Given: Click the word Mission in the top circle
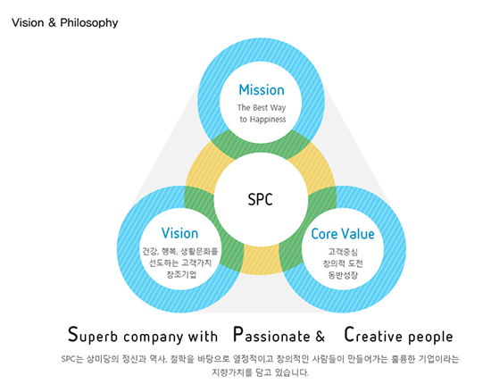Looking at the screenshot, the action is click(x=262, y=90).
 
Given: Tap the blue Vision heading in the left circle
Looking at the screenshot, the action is click(x=179, y=233).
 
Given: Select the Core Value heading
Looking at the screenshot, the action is click(x=343, y=234).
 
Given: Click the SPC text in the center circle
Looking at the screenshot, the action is click(x=260, y=199).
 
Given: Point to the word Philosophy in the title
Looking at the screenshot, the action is click(x=89, y=23).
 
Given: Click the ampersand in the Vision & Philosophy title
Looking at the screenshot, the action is click(x=52, y=22).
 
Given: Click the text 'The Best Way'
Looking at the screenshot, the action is click(x=262, y=108).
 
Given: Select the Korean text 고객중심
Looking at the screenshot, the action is click(x=343, y=252).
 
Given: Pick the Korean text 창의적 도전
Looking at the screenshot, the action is click(x=343, y=263).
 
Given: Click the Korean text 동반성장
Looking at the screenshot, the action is click(x=343, y=275).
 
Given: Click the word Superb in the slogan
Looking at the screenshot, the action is click(x=93, y=335).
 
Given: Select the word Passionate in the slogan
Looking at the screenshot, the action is click(x=271, y=335).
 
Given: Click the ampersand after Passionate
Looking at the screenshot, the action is click(x=320, y=336).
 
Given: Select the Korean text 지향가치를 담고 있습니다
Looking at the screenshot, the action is click(x=261, y=372).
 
